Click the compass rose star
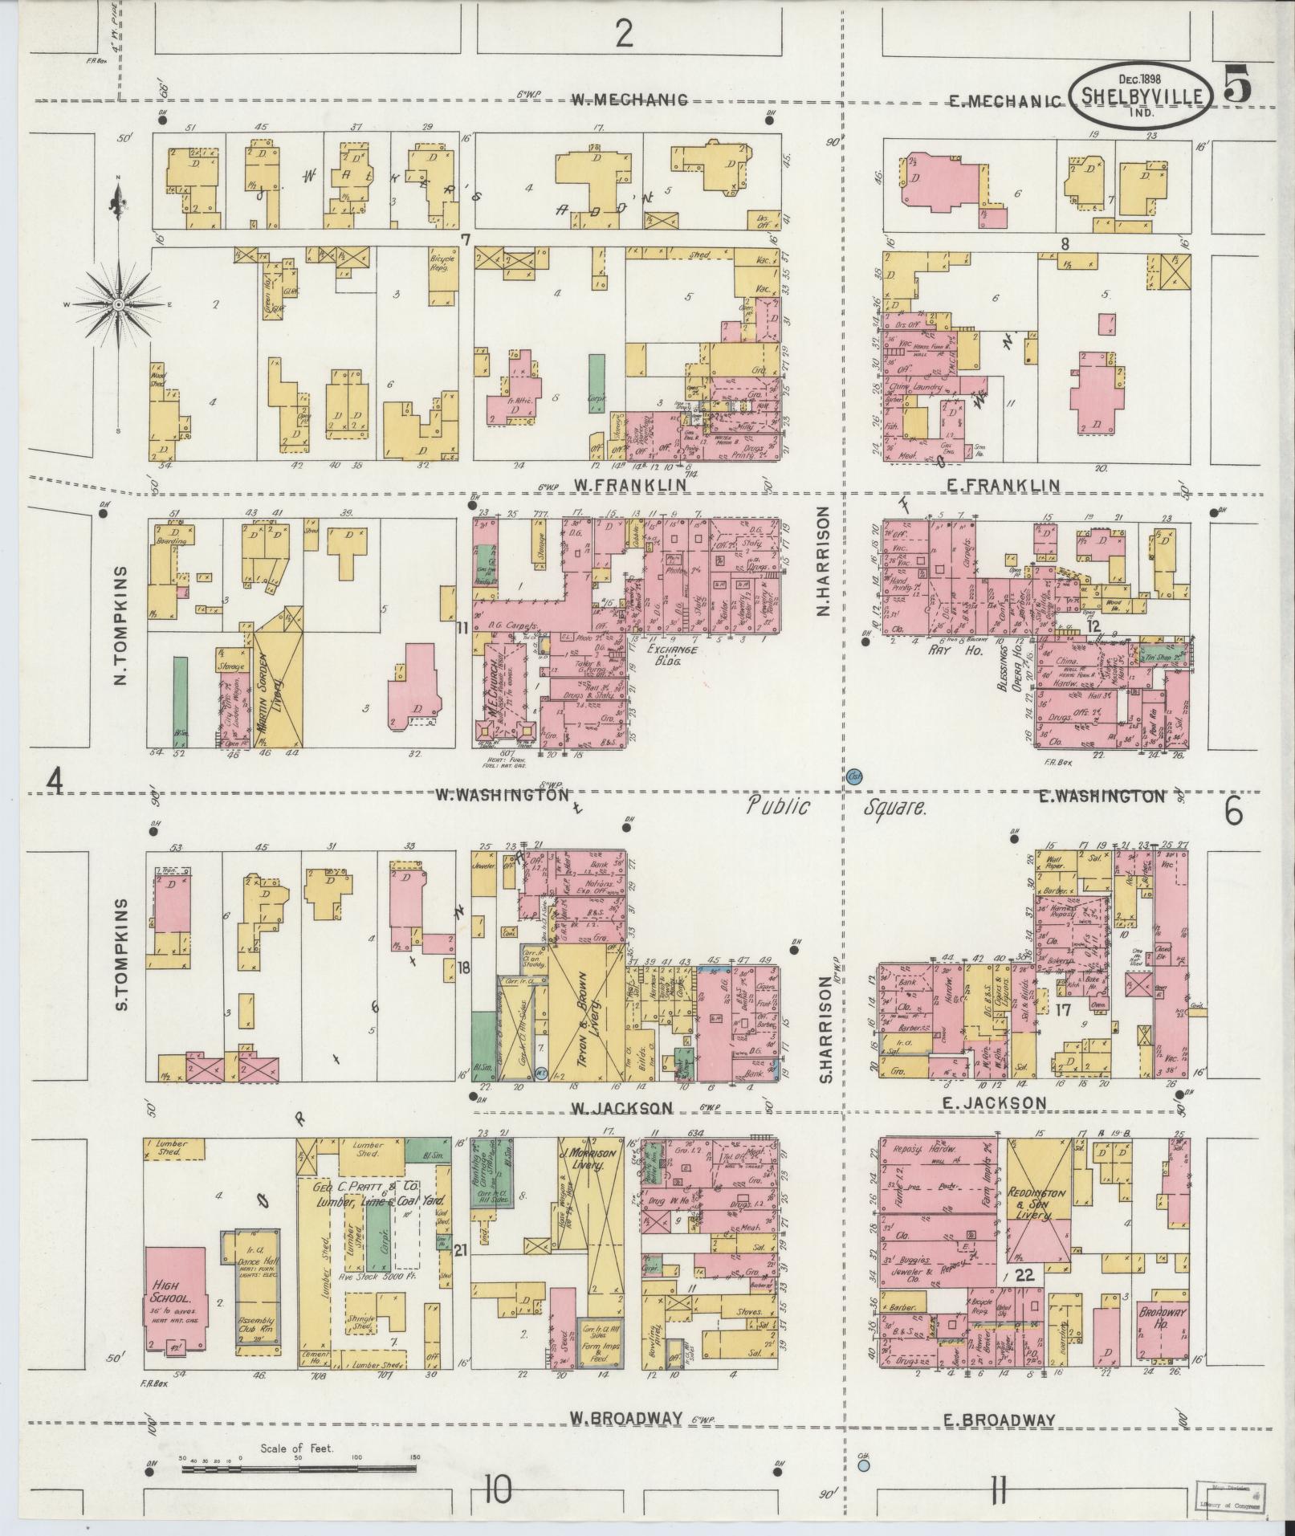(x=119, y=305)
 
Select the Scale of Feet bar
(x=298, y=1469)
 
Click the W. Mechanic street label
(x=630, y=100)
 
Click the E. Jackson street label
(x=995, y=1103)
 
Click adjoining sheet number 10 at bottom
(x=498, y=1491)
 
